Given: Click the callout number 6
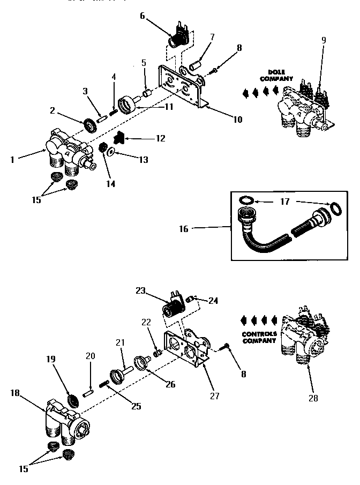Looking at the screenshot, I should tap(142, 16).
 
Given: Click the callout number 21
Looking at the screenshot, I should tap(120, 342).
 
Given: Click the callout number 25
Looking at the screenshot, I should tap(136, 406).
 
